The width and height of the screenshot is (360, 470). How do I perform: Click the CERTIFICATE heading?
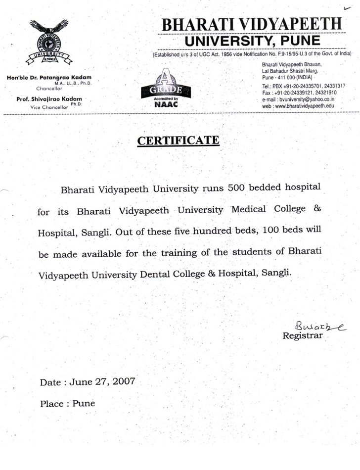click(179, 141)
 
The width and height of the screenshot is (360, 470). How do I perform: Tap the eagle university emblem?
click(48, 43)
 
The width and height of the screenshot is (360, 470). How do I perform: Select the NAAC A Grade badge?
click(166, 89)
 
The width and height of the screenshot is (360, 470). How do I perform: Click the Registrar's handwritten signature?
click(319, 326)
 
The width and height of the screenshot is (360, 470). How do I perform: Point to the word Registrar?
click(302, 336)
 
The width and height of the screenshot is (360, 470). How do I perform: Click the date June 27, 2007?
click(102, 382)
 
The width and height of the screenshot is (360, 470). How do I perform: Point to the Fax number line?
click(299, 93)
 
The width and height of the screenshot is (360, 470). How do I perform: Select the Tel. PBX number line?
click(303, 86)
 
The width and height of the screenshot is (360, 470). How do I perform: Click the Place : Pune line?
click(68, 404)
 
